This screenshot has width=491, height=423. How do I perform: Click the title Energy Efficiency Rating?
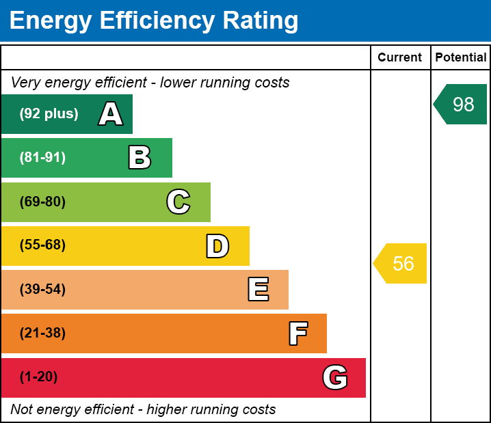point(154,21)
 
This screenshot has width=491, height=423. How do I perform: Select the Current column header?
point(400,57)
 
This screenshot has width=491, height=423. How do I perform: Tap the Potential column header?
point(461,57)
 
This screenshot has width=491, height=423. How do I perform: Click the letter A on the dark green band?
point(111,114)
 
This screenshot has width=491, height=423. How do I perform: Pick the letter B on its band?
point(140,158)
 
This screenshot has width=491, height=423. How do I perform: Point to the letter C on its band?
point(178,202)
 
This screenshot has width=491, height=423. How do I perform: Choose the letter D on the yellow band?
point(217,246)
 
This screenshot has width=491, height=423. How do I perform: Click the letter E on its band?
point(258,290)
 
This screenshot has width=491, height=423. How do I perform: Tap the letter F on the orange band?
point(297,333)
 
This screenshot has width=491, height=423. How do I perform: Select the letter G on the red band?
point(335,377)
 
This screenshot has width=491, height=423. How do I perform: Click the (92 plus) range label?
point(49,114)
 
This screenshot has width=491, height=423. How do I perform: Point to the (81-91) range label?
point(42,158)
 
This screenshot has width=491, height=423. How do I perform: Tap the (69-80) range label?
point(42,202)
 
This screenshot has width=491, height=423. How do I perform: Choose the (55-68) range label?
point(42,245)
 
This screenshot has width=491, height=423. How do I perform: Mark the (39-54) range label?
point(42,290)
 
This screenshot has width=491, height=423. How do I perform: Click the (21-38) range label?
point(42,333)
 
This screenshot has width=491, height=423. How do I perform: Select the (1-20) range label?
point(38,377)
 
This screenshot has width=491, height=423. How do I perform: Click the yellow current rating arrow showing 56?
point(401,263)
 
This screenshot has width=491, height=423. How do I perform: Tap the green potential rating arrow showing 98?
point(461,104)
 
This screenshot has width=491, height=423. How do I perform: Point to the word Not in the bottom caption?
point(22,409)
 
